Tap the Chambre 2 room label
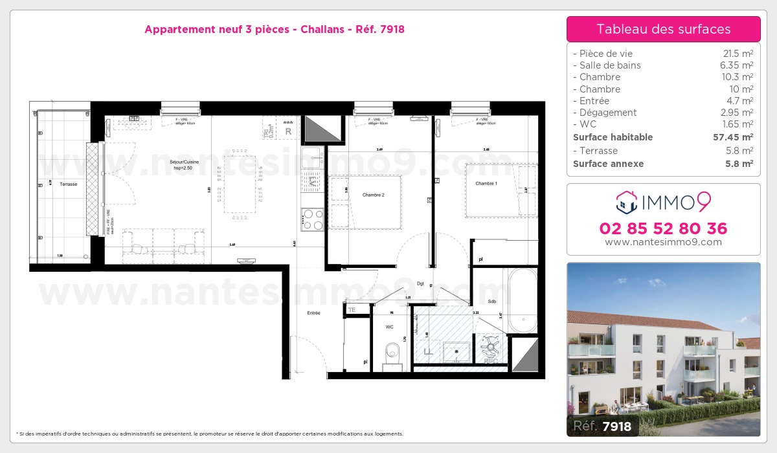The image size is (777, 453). pos(374,195)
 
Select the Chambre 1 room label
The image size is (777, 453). pos(486,184)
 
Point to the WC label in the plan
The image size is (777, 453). pos(389,327)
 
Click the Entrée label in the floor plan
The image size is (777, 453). pos(313,313)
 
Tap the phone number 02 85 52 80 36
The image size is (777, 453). pos(663,228)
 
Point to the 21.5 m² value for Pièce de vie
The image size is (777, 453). pos(739,54)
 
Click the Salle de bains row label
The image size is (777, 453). pos(610,65)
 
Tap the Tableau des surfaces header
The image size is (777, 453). pos(663,29)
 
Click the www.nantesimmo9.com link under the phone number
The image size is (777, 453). pos(663,242)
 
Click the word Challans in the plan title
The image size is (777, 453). pos(322,29)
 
